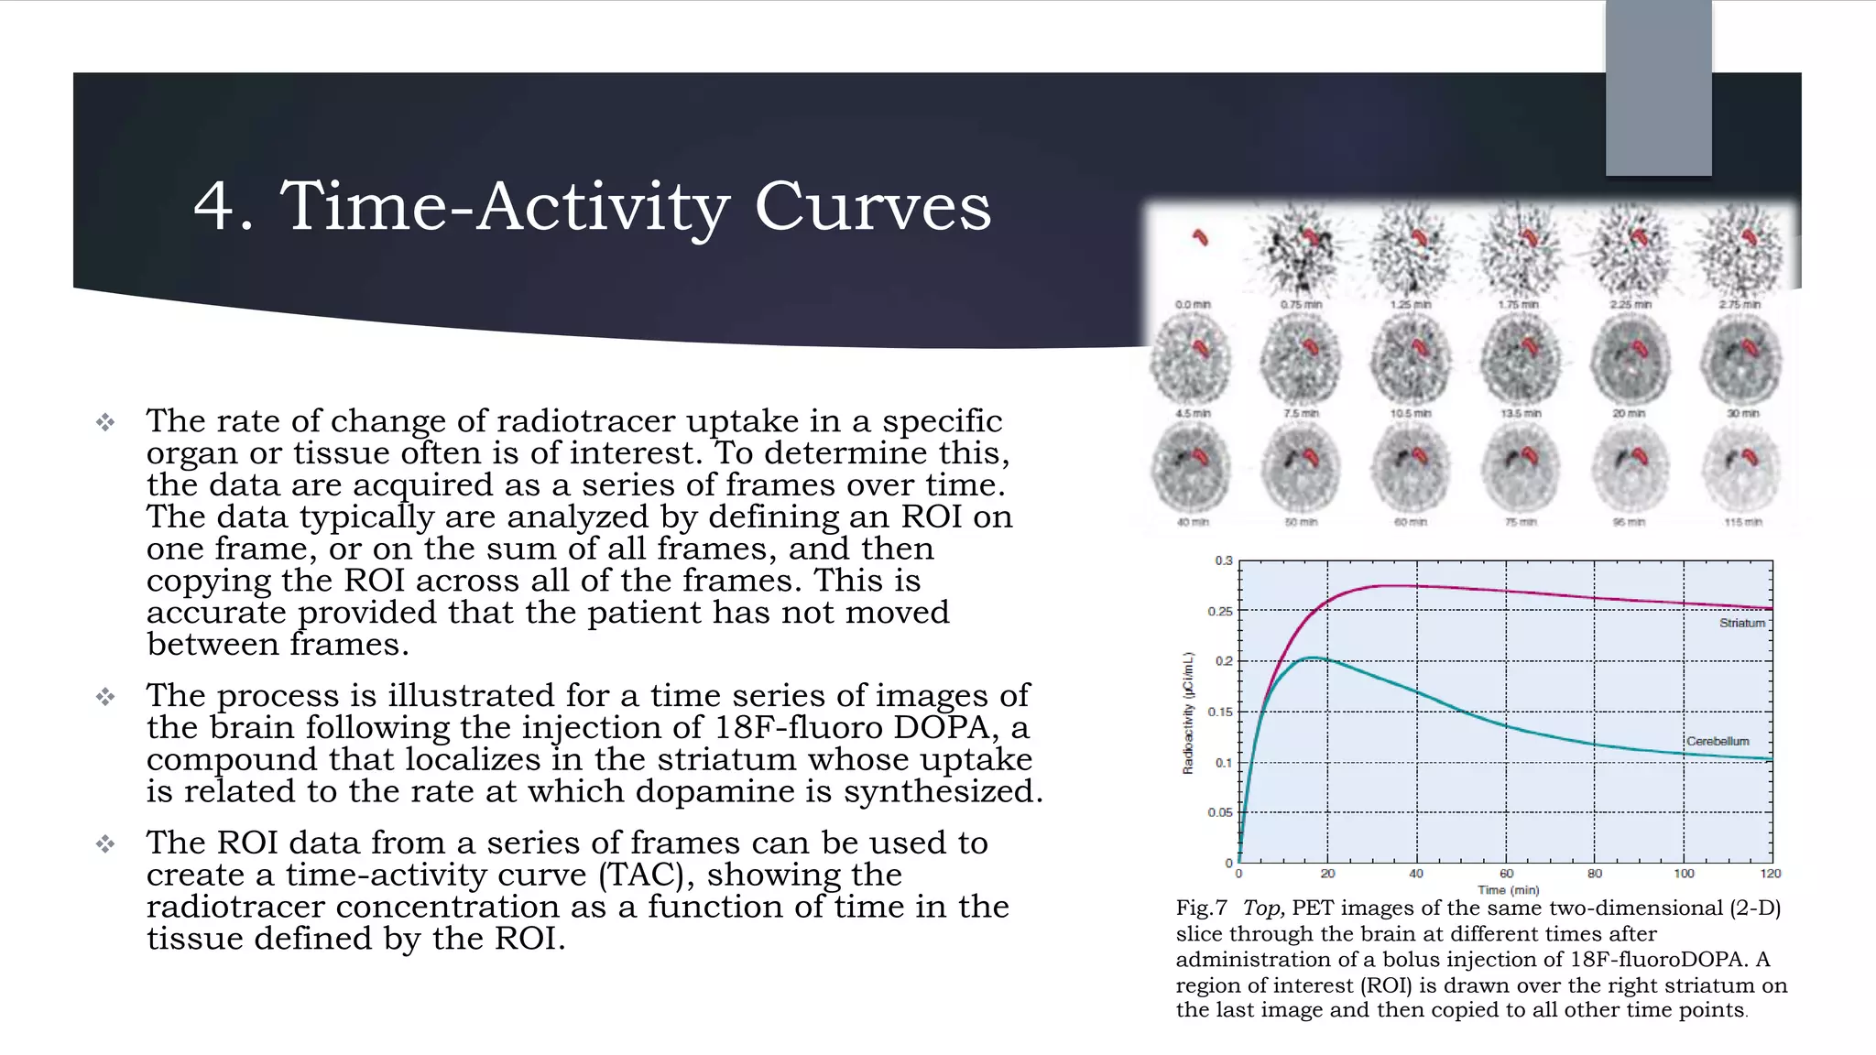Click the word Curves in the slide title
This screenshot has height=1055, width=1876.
[x=872, y=207]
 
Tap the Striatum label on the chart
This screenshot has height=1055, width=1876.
[x=1741, y=623]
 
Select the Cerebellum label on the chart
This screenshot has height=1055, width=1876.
[x=1718, y=741]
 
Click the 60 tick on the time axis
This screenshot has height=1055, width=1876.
[x=1506, y=874]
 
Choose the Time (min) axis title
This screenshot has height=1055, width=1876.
[x=1508, y=890]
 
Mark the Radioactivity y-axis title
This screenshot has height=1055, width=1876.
[x=1188, y=713]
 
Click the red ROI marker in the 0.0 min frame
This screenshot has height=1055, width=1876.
[x=1200, y=238]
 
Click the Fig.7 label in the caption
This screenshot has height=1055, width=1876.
[x=1201, y=908]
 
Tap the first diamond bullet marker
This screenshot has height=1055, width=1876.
[x=106, y=422]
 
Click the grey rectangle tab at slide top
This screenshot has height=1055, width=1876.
[x=1658, y=87]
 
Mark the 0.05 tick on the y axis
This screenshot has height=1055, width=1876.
[x=1219, y=812]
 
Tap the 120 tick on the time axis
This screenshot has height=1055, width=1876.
[x=1770, y=874]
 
